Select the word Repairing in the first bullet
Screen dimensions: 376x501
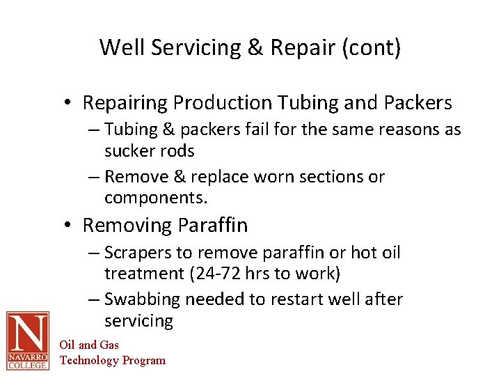[x=125, y=103]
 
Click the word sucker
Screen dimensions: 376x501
[x=129, y=150]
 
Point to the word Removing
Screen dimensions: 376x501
[x=127, y=226]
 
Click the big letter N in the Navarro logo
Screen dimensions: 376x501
[x=28, y=332]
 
